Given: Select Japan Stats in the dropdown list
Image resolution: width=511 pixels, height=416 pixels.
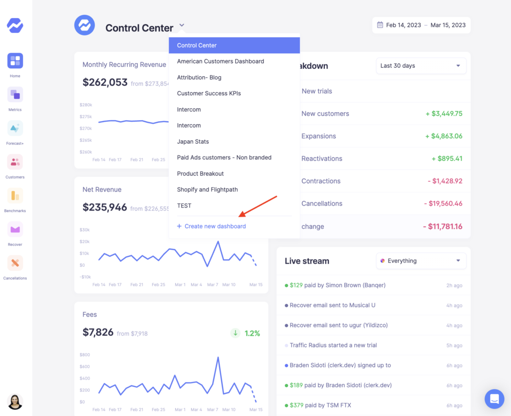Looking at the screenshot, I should click(x=193, y=142).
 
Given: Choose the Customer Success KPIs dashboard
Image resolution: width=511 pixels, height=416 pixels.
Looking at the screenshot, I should click(x=209, y=93).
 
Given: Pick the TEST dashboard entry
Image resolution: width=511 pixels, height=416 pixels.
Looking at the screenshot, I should click(x=184, y=206).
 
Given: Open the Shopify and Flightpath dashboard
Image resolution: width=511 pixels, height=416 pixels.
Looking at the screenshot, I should click(x=207, y=190).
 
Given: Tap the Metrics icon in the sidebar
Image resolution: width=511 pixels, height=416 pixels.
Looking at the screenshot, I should click(x=15, y=95).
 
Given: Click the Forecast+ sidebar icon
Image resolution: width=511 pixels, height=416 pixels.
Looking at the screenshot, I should click(x=15, y=128).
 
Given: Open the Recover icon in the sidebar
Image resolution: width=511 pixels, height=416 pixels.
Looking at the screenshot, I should click(x=15, y=229).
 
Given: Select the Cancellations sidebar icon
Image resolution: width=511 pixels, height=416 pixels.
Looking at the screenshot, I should click(x=15, y=263).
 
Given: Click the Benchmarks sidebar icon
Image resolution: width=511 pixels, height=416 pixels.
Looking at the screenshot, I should click(x=15, y=196).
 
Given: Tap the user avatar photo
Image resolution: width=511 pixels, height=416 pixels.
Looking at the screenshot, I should click(x=15, y=402).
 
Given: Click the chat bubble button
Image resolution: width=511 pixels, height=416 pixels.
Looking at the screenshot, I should click(x=495, y=399).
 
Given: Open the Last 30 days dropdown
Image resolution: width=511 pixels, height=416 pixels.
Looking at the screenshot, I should click(x=421, y=66).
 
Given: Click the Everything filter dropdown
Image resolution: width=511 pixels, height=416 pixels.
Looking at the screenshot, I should click(x=421, y=261).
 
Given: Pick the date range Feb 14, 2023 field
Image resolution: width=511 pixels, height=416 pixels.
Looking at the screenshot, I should click(x=403, y=25).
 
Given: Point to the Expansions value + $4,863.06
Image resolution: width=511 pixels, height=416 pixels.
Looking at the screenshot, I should click(x=444, y=136).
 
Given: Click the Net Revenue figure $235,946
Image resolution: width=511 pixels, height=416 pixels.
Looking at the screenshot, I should click(x=105, y=208).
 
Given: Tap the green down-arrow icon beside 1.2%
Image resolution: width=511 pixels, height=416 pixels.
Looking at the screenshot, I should click(x=235, y=333).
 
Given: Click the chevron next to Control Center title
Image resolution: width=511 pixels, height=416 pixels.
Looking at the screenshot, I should click(x=182, y=25).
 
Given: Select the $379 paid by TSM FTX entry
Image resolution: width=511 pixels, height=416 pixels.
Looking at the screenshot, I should click(x=317, y=405).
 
